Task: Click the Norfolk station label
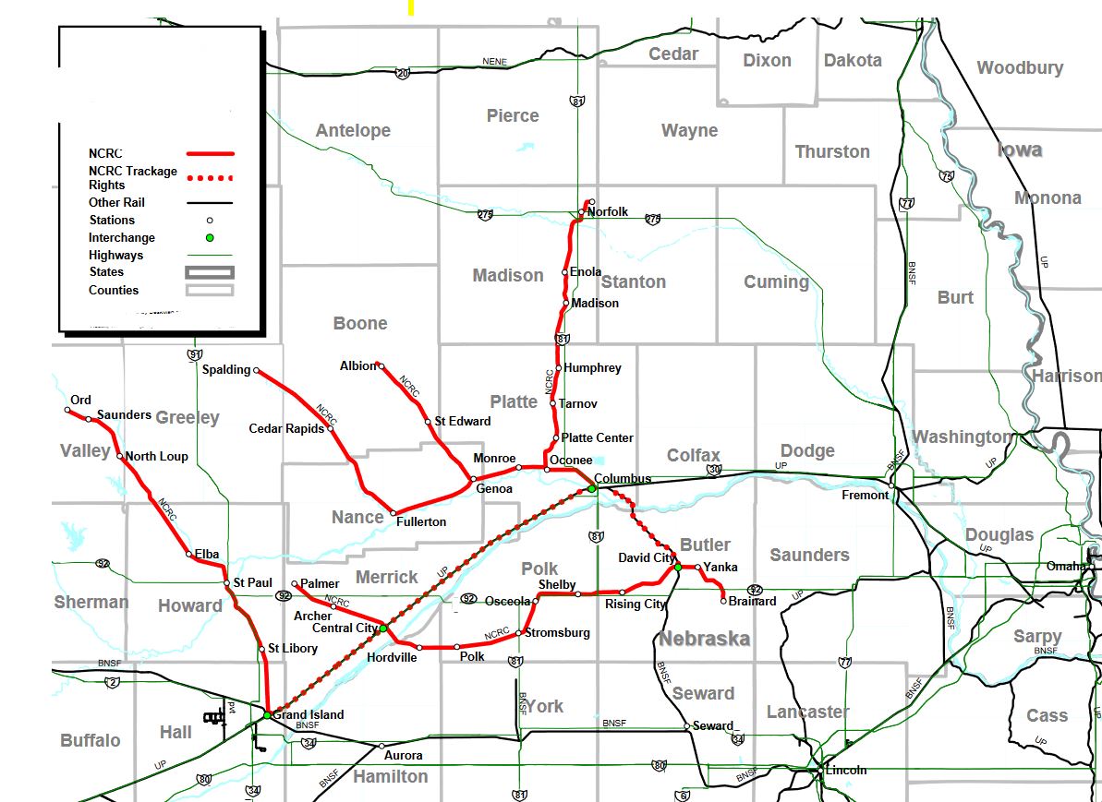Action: pyautogui.click(x=607, y=212)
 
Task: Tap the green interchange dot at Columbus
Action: pyautogui.click(x=592, y=489)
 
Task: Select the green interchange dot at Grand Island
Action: pyautogui.click(x=266, y=715)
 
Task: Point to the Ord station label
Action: pyautogui.click(x=80, y=400)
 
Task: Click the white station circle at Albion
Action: pyautogui.click(x=380, y=366)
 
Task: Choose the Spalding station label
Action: pyautogui.click(x=225, y=370)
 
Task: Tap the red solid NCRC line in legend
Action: pyautogui.click(x=211, y=153)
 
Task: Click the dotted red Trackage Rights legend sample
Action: pyautogui.click(x=211, y=177)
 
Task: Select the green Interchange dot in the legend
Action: pyautogui.click(x=210, y=238)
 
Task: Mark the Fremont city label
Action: pyautogui.click(x=865, y=495)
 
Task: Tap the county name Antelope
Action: pyautogui.click(x=353, y=130)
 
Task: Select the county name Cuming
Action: pyautogui.click(x=776, y=281)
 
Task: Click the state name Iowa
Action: pyautogui.click(x=1019, y=150)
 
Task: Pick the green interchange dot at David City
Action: pyautogui.click(x=678, y=568)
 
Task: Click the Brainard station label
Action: pyautogui.click(x=751, y=602)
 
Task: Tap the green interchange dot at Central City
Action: pyautogui.click(x=383, y=628)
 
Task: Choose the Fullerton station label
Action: pyautogui.click(x=420, y=522)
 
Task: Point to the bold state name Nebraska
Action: pyautogui.click(x=703, y=639)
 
